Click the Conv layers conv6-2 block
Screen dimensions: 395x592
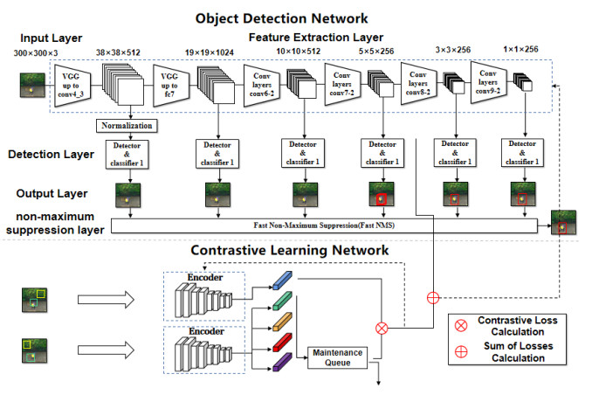point(261,84)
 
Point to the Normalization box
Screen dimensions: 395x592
point(127,125)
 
